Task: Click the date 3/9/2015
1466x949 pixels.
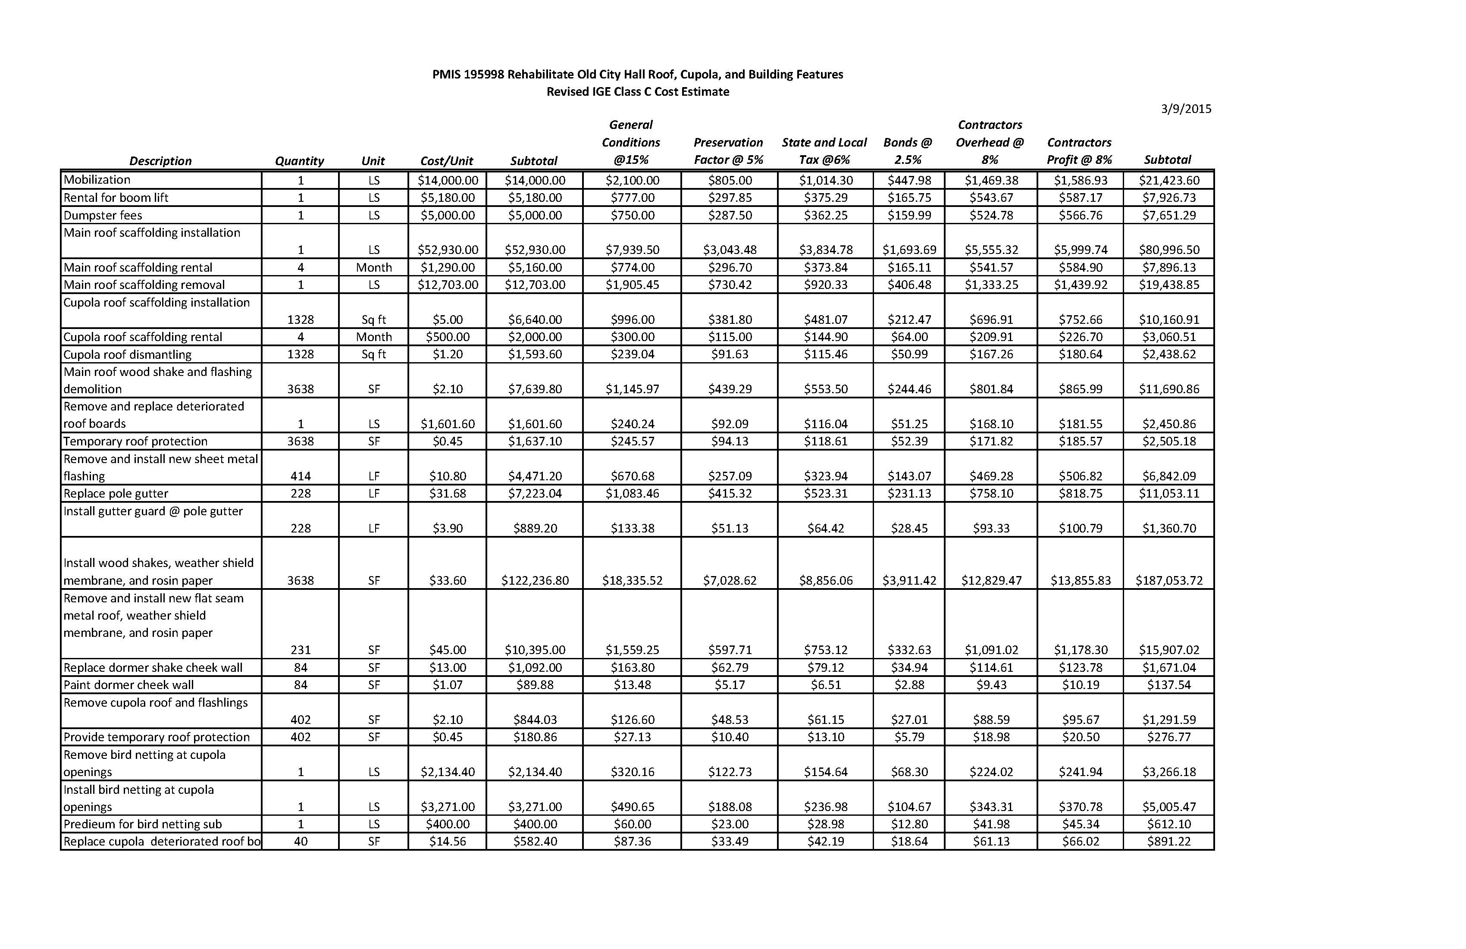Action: pos(1185,109)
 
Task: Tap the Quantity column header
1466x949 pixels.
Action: pos(299,161)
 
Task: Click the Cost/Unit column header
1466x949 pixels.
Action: pos(447,161)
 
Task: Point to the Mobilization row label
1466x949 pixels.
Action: pos(97,180)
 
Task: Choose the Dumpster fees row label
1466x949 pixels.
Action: pos(103,215)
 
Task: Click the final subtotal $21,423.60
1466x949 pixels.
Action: pos(1168,180)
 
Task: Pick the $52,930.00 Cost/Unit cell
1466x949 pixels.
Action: pos(447,249)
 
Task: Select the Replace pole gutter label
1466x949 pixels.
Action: pos(116,493)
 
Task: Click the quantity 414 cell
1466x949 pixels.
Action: pos(301,476)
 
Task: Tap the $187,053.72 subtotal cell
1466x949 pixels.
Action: pos(1168,580)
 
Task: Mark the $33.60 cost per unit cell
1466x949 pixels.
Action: pos(447,580)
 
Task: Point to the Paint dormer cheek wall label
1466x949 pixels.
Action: pos(129,685)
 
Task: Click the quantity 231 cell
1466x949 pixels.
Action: pos(301,650)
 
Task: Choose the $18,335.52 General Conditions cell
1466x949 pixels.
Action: pos(632,580)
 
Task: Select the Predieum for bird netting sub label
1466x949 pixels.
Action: pos(142,824)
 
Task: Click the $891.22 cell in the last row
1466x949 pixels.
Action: pos(1168,841)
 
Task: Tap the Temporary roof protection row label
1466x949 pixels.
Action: pos(135,441)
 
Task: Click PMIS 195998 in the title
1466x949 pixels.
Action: pos(468,75)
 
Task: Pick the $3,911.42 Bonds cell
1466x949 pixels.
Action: pos(909,580)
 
